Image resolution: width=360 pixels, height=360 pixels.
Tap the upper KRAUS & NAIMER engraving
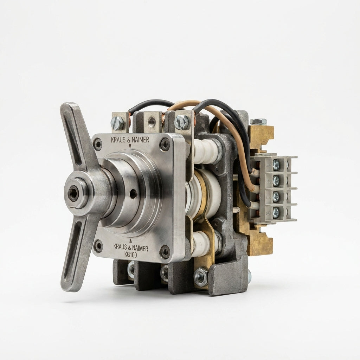pos(130,140)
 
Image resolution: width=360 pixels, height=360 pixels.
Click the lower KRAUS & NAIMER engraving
pos(131,248)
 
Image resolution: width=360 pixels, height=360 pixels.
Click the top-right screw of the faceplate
pos(165,144)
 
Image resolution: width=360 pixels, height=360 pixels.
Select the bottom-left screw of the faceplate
pos(99,246)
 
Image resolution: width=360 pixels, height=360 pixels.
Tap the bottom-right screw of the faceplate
pos(165,251)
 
